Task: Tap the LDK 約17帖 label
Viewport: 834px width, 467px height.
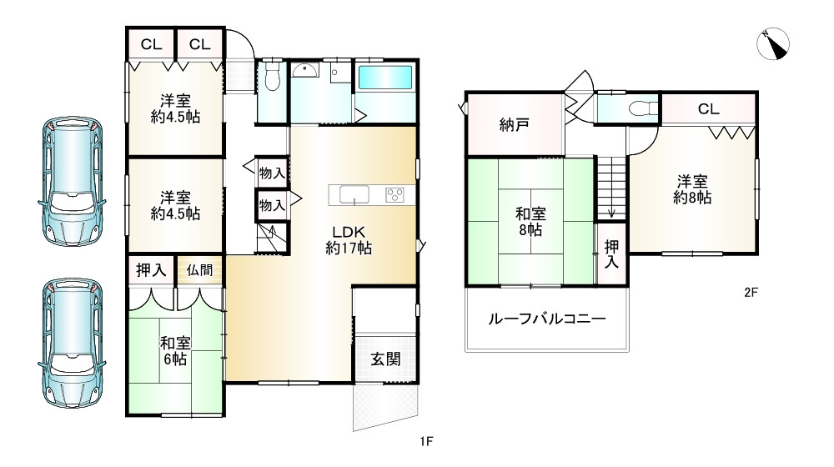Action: pos(349,239)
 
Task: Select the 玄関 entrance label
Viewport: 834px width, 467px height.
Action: pos(384,359)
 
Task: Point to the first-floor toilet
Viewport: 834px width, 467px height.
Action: pos(270,79)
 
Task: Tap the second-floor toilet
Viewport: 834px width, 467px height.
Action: pos(640,108)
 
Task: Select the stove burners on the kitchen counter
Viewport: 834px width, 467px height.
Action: pos(394,195)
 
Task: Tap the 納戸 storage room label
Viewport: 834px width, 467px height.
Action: pos(515,125)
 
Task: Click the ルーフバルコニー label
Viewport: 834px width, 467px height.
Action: pos(546,319)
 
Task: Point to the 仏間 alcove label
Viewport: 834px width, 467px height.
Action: pos(200,270)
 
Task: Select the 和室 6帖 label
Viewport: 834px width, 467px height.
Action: pos(175,349)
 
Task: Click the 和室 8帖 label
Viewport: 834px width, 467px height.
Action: pos(530,221)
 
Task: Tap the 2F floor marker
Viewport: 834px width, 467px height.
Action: pos(751,293)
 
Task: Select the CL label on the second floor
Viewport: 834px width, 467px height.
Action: pos(709,109)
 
